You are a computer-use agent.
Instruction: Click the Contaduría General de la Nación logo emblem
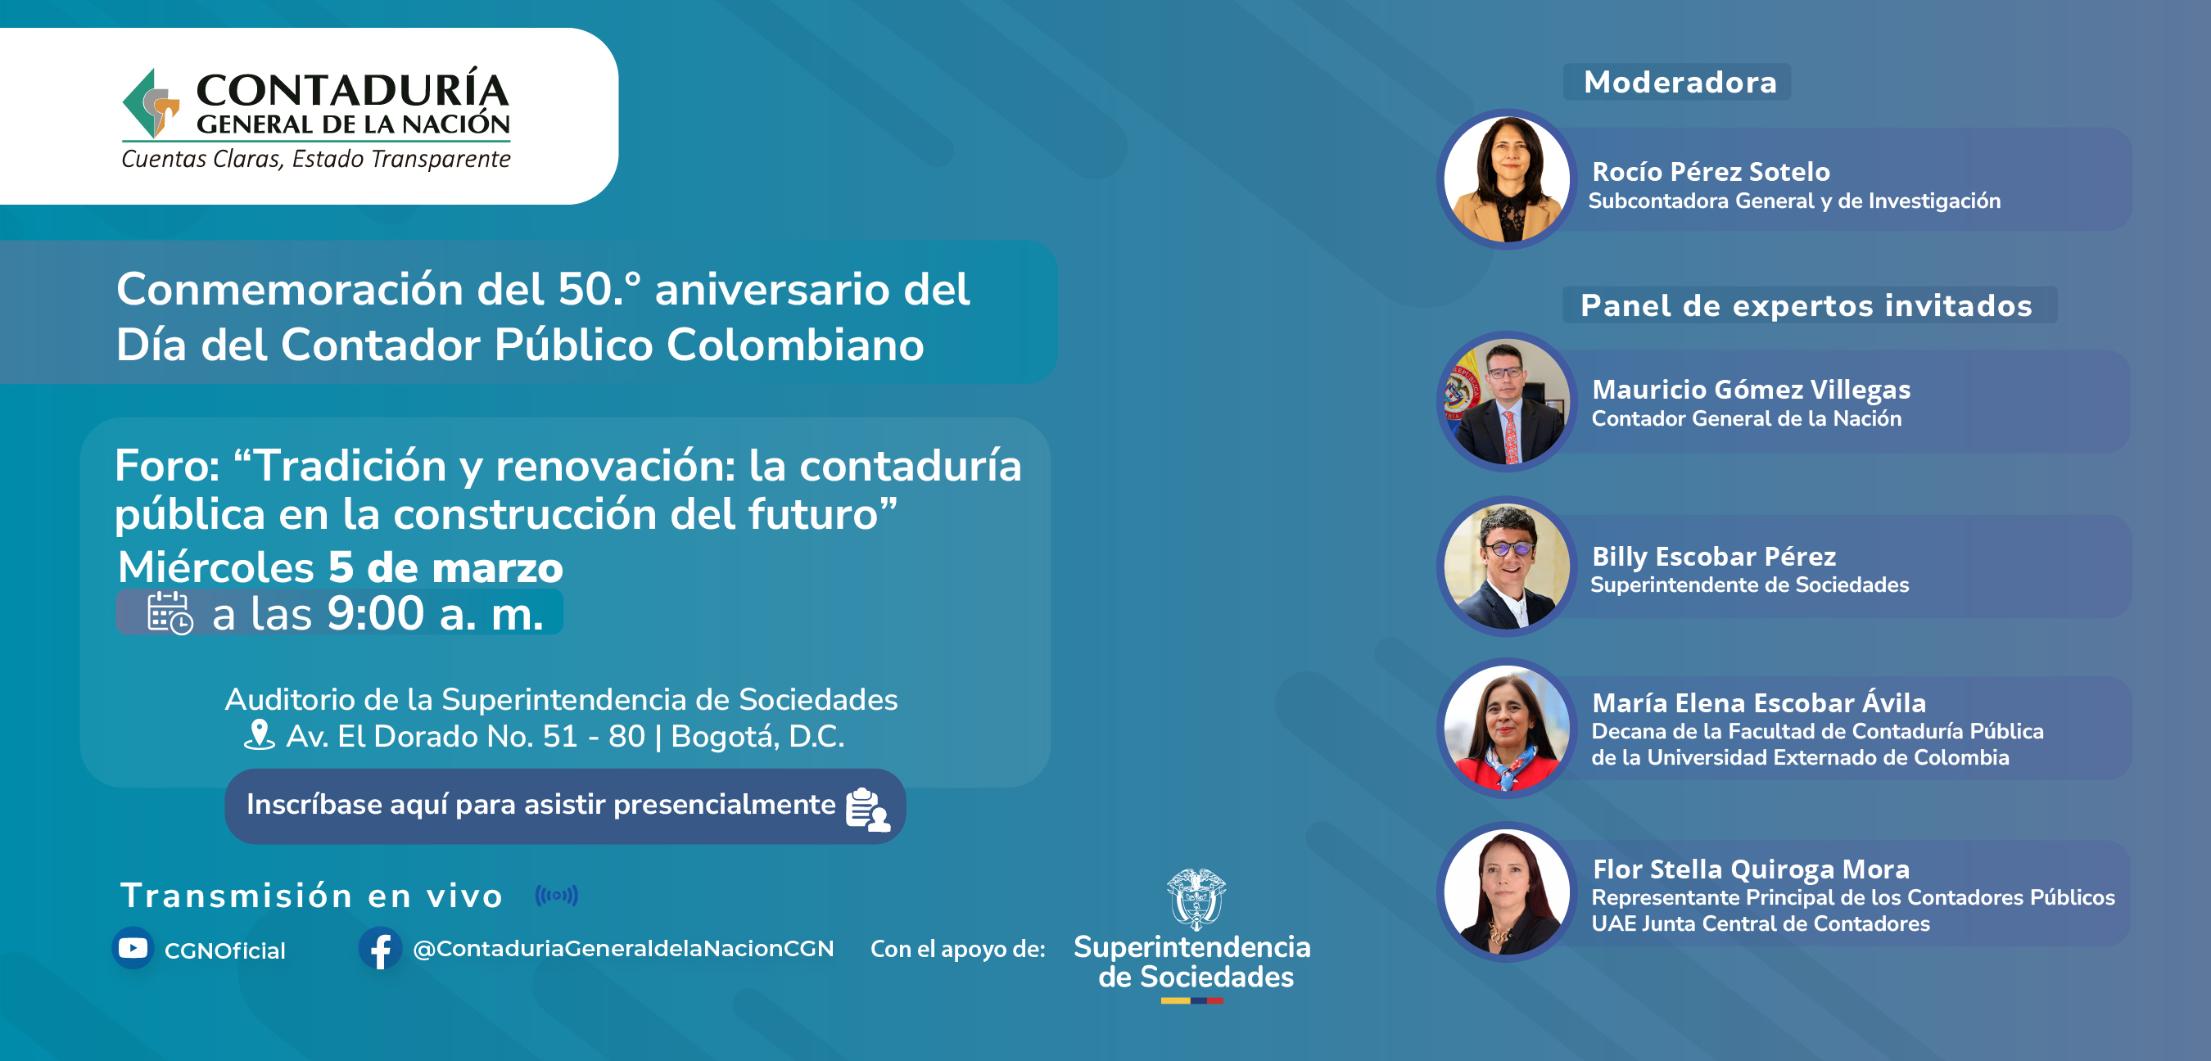coord(151,104)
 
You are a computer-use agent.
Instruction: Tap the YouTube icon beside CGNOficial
coord(133,948)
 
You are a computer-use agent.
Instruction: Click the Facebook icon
coord(380,949)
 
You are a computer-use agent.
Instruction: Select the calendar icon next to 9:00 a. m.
coord(170,613)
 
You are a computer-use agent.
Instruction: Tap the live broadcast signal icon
coord(556,896)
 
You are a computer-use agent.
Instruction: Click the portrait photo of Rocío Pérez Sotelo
coord(1508,178)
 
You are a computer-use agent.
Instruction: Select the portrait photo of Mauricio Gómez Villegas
coord(1508,401)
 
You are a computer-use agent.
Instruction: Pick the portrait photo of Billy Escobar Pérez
coord(1508,567)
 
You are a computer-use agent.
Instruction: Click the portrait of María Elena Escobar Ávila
coord(1508,728)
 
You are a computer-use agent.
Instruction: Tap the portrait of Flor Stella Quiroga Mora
coord(1508,892)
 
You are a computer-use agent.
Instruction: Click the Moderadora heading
coord(1680,83)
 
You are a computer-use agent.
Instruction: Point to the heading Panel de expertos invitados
coord(1806,305)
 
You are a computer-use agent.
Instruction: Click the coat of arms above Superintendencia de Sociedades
coord(1196,899)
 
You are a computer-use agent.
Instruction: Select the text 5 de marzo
coord(445,567)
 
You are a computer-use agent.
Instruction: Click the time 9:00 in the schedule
coord(376,613)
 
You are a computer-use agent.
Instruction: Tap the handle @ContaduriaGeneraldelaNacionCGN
coord(623,949)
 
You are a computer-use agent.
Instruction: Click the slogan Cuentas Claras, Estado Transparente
coord(316,160)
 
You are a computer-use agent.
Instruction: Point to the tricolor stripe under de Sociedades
coord(1192,1000)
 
